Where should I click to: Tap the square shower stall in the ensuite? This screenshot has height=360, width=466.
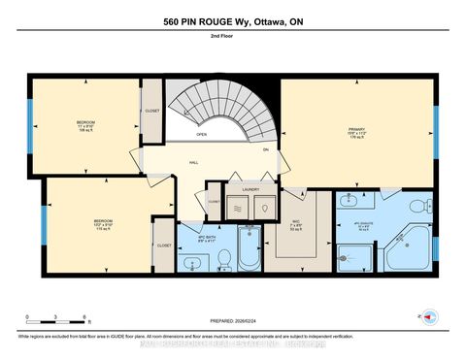coord(357,257)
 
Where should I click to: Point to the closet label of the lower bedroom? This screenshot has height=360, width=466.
coord(163,245)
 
